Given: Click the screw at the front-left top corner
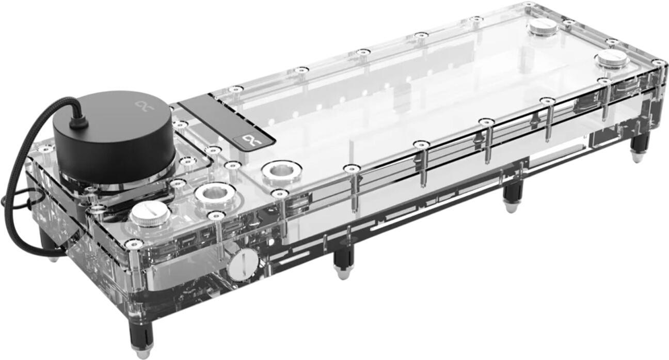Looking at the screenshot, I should pos(134,244).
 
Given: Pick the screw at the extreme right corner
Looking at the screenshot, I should pos(658,62).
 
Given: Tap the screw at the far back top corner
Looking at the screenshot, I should pos(528,5).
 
